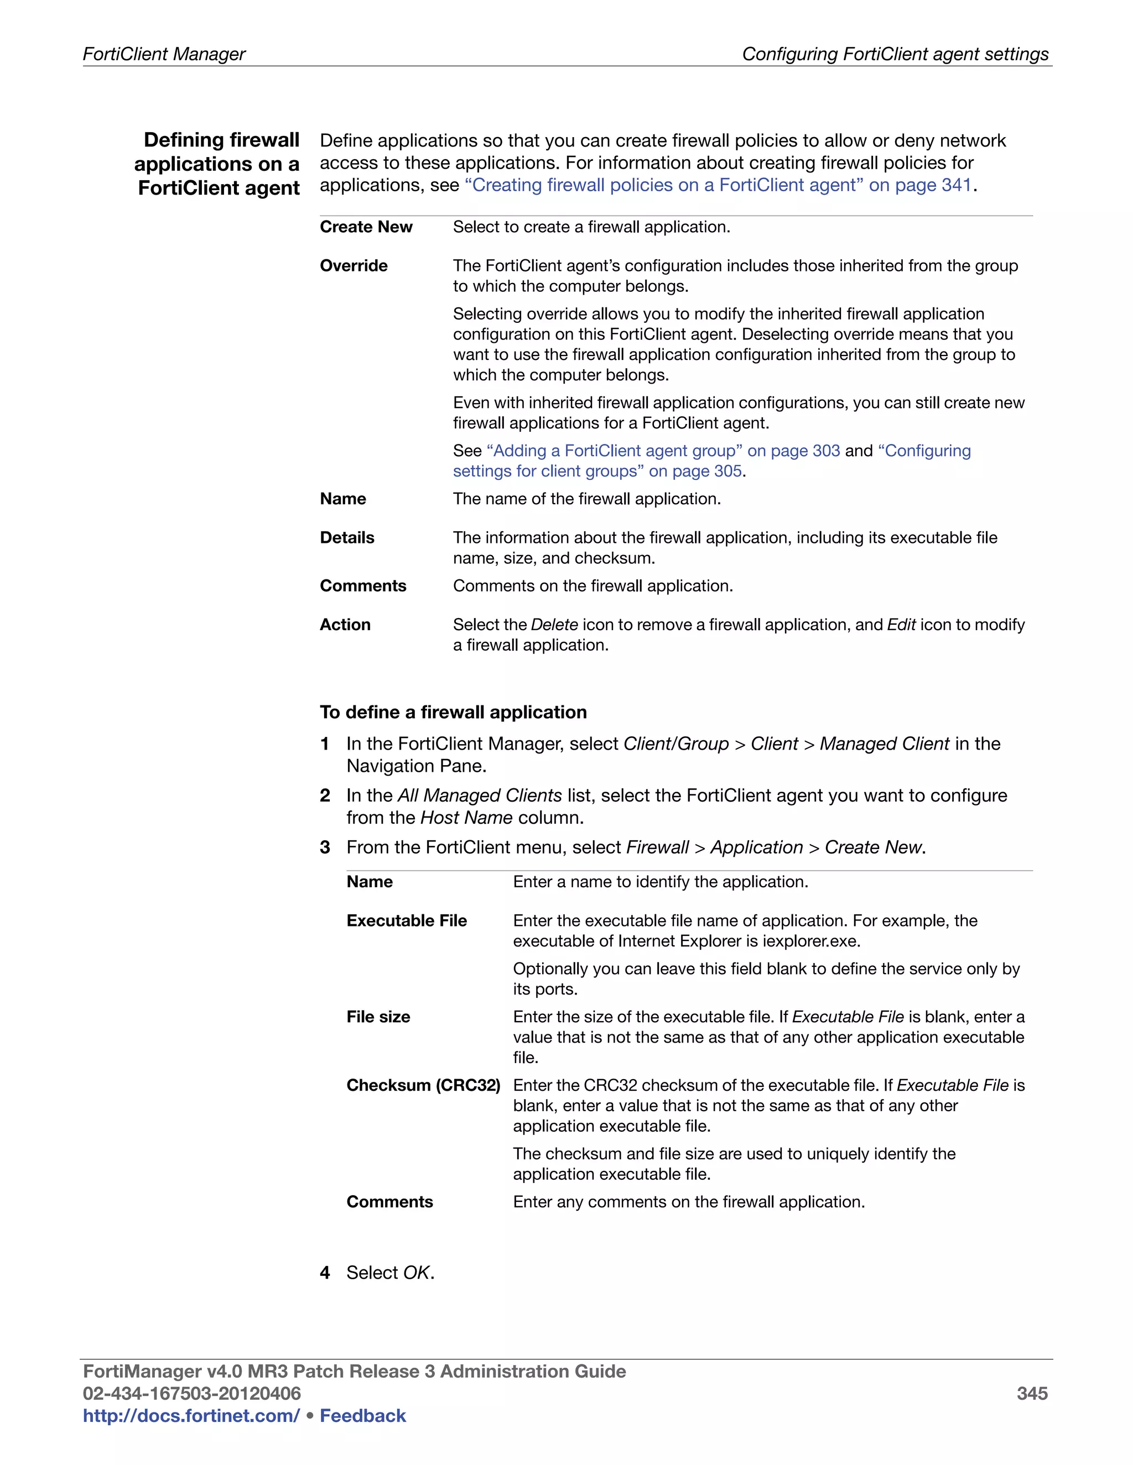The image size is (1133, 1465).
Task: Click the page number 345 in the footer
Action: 1032,1393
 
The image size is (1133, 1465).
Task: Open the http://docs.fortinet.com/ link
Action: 191,1415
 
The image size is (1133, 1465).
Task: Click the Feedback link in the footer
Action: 362,1415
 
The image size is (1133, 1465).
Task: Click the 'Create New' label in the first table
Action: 366,227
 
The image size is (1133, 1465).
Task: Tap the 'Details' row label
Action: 346,537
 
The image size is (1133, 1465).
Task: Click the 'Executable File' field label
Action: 406,920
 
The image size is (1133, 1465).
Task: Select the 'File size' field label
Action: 378,1016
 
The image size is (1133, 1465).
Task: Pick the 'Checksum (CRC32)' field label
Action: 423,1085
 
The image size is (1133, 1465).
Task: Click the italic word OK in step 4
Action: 415,1273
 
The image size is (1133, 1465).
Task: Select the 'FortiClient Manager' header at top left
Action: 164,54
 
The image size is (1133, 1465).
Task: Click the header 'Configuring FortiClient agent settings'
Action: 895,54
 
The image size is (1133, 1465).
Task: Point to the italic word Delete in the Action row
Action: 554,625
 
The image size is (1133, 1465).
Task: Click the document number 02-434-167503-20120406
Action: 191,1393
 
